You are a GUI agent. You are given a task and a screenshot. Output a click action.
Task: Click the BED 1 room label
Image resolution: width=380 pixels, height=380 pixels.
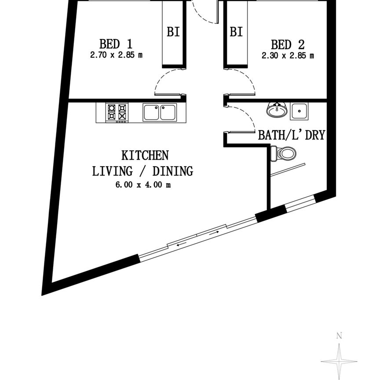[x=116, y=44]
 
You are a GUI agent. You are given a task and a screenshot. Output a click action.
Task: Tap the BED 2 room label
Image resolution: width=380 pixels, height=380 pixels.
[x=288, y=44]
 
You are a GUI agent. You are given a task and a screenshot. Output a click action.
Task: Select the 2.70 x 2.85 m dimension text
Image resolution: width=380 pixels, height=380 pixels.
[x=116, y=55]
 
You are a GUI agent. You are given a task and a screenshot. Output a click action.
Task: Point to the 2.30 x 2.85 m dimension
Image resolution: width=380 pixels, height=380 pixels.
[x=288, y=55]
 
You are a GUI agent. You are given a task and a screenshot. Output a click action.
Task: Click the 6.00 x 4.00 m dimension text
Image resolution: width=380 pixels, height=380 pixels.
[x=142, y=185]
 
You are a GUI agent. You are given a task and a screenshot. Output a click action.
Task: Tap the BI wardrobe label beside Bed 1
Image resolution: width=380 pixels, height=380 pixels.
[x=173, y=32]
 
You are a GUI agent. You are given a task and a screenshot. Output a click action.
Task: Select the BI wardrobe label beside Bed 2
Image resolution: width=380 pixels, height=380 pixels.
[x=236, y=32]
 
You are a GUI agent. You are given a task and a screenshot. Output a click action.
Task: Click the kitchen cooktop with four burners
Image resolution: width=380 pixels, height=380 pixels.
[x=117, y=112]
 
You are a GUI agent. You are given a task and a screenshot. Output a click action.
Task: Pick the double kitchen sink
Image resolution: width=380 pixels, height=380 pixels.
[x=159, y=112]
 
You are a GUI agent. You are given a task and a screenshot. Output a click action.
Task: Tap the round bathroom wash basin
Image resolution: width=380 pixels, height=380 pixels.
[x=277, y=110]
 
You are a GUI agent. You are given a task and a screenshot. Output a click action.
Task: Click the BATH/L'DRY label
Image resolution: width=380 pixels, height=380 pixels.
[x=291, y=135]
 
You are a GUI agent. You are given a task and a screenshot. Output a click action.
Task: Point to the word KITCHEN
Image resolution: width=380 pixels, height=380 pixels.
[x=145, y=155]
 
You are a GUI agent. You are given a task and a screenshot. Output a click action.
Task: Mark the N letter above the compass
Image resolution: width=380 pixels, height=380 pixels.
[x=339, y=336]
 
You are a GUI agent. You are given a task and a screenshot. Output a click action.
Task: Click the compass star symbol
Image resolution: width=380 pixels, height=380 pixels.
[x=339, y=361]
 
